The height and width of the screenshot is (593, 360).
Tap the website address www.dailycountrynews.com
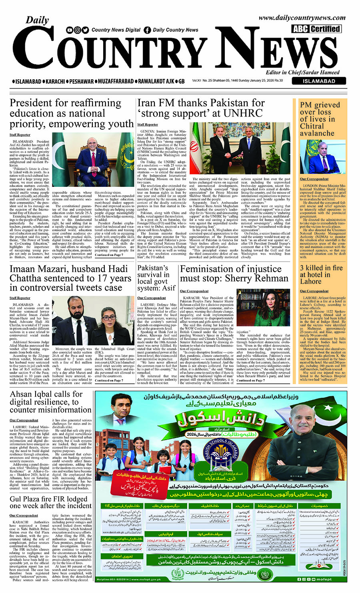[x=302, y=18]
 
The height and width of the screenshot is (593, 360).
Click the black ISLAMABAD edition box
[x=319, y=81]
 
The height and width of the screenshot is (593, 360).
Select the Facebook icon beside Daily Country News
[x=147, y=30]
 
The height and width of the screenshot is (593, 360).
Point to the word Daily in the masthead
[x=37, y=20]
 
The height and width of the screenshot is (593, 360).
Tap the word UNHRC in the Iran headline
[x=243, y=114]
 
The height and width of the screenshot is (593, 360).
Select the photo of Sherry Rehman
[x=263, y=307]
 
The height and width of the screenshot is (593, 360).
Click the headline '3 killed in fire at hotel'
[x=321, y=274]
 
